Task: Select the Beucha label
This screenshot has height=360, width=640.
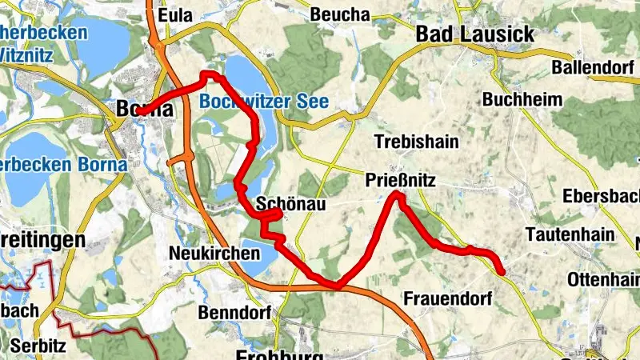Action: click(340, 14)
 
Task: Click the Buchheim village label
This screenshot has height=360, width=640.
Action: click(522, 100)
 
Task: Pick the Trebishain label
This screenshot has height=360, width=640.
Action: click(417, 142)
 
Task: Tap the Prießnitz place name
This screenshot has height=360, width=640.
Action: click(401, 181)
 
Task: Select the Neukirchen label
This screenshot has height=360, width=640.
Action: click(215, 254)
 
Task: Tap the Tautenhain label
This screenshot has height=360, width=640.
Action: click(570, 234)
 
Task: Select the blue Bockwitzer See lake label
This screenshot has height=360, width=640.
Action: click(265, 102)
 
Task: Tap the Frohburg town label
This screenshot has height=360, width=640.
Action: click(279, 354)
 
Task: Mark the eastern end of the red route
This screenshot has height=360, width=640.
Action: click(502, 273)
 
